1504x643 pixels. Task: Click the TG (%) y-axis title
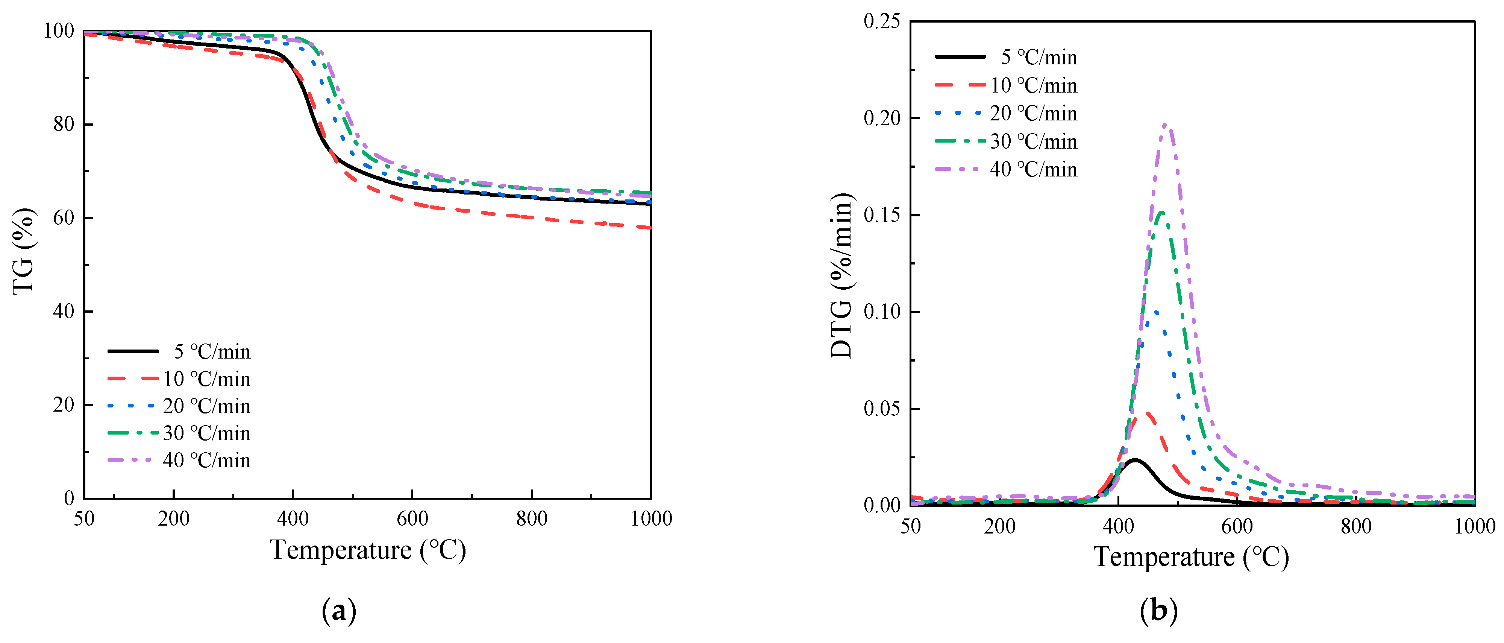point(23,251)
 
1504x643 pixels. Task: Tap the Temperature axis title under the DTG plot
point(1191,557)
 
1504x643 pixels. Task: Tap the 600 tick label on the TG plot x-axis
point(412,518)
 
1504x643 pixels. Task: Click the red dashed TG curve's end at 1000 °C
point(650,228)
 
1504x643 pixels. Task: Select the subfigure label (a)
point(339,611)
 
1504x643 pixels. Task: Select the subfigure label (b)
point(1158,611)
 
